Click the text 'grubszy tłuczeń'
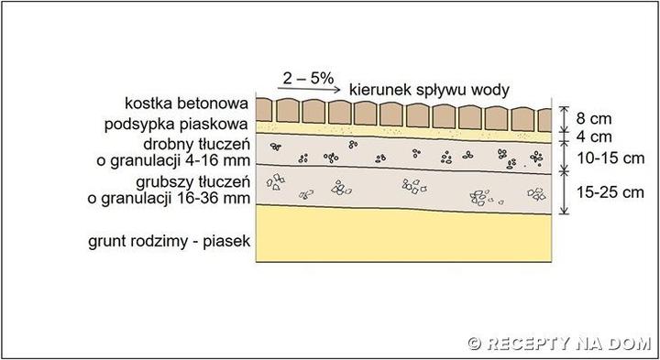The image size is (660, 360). point(192,182)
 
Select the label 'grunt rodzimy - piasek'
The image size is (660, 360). point(170,242)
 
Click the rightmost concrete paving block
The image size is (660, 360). point(540,111)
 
